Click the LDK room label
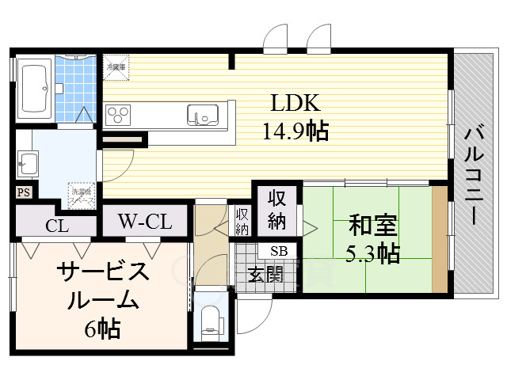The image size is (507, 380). (295, 103)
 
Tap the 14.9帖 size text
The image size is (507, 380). (296, 131)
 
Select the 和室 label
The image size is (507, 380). (372, 226)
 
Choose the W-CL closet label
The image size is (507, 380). (145, 222)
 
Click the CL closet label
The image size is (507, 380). (56, 226)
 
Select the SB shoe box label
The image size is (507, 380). (279, 251)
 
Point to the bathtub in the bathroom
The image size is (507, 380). (36, 88)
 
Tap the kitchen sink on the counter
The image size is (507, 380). (201, 116)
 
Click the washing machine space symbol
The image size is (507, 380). (82, 192)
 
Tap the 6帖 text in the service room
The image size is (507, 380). (104, 328)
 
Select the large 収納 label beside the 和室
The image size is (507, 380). (277, 209)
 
